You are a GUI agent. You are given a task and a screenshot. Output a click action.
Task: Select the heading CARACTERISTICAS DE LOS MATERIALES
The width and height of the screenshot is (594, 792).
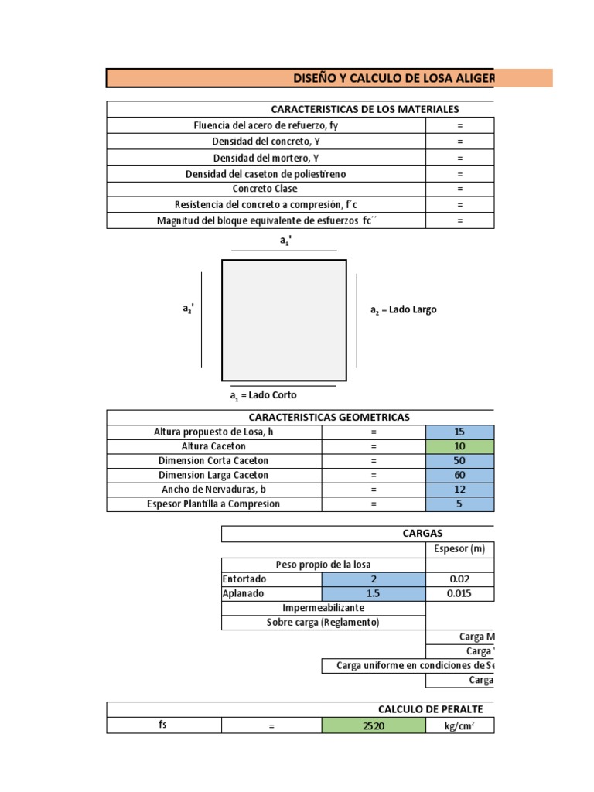(x=364, y=110)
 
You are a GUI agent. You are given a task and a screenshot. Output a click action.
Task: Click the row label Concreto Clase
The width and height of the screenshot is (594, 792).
(x=265, y=189)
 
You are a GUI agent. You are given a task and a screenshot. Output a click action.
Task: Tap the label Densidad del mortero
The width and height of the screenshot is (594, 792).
(x=265, y=158)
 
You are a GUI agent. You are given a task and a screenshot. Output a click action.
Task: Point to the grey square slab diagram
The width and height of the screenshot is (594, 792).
(x=284, y=320)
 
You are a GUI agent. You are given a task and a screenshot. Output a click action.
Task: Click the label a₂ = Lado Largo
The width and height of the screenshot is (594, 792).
(x=404, y=309)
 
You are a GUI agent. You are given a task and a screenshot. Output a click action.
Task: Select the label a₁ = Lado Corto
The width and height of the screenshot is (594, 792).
(x=263, y=395)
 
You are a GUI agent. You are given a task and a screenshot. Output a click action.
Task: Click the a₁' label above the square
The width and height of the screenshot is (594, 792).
(x=284, y=241)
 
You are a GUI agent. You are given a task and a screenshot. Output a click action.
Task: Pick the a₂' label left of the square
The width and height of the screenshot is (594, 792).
(x=188, y=309)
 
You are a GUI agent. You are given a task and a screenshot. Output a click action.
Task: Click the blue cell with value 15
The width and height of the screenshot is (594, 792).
(x=459, y=432)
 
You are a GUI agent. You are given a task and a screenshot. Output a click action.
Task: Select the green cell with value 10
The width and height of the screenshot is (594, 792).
(x=459, y=446)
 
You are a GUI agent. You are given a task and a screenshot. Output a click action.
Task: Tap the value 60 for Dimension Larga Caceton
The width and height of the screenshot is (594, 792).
(x=459, y=475)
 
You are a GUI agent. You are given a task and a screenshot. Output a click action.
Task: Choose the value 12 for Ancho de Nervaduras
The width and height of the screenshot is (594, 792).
(x=459, y=490)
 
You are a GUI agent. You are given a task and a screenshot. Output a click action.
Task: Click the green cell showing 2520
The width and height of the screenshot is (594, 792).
(x=373, y=725)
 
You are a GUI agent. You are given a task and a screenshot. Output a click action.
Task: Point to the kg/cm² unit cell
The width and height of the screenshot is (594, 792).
(x=459, y=725)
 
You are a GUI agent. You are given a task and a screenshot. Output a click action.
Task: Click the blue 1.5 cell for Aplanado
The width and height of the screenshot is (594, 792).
(x=373, y=594)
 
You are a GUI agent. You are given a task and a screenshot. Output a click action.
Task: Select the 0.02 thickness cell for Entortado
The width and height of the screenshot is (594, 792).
(x=459, y=579)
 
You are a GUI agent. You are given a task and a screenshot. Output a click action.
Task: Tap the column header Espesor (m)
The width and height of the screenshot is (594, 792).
(x=459, y=549)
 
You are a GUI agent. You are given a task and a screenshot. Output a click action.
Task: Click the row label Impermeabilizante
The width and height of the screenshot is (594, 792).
(x=323, y=608)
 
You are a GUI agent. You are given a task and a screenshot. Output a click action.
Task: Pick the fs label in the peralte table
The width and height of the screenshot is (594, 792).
(x=163, y=725)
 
